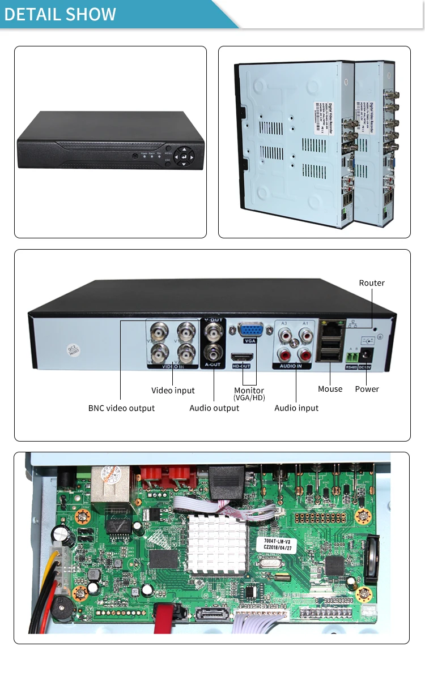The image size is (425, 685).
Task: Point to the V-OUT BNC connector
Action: (x=213, y=331)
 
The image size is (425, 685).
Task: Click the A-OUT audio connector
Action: (x=213, y=352)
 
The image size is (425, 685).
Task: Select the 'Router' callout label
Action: (x=372, y=283)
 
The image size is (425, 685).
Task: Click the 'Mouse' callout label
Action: (x=330, y=389)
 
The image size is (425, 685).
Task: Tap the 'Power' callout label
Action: (x=367, y=389)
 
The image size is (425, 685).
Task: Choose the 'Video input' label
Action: (x=173, y=391)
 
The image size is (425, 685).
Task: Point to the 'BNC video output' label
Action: (x=121, y=408)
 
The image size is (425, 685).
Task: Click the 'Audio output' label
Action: (x=214, y=408)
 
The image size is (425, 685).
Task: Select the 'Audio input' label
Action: (x=296, y=408)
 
